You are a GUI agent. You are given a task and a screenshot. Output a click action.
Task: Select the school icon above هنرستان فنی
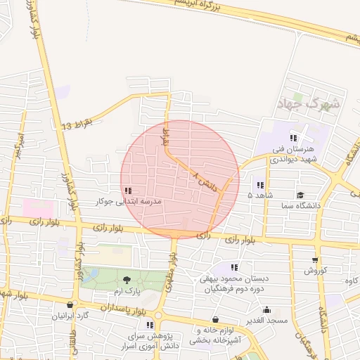pos(293,139)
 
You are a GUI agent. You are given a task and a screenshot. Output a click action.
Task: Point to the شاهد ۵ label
pos(260,195)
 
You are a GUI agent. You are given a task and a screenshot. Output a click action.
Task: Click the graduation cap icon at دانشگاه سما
pos(300,195)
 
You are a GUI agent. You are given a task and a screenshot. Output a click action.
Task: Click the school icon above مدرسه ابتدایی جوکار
pos(128,191)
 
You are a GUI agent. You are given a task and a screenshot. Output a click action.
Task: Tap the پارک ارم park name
pos(128,290)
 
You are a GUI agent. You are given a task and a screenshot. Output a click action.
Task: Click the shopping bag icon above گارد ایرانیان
pos(70,304)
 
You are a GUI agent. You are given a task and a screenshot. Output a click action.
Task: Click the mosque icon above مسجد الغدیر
pos(266,309)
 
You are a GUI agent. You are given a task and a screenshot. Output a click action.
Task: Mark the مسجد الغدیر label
pos(266,320)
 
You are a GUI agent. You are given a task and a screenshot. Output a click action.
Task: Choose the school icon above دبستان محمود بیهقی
pos(234,267)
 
